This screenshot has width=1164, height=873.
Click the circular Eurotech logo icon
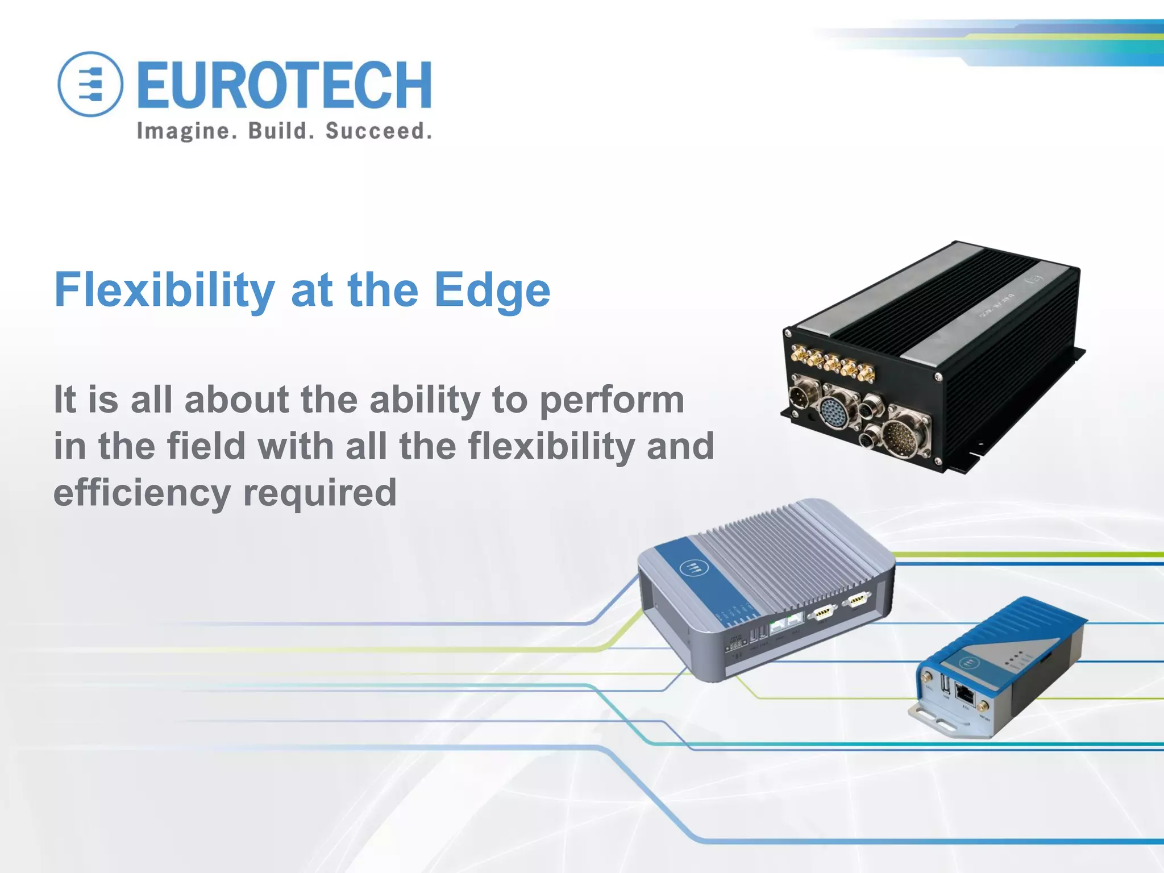tap(90, 84)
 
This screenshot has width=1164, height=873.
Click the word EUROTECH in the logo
tap(284, 85)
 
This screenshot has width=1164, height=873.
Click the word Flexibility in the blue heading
tap(164, 290)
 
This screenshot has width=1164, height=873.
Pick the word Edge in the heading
tap(492, 290)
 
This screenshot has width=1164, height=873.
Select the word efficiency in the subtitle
tap(140, 493)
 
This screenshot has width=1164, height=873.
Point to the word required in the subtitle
tap(319, 493)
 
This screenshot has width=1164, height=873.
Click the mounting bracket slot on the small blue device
tap(943, 725)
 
